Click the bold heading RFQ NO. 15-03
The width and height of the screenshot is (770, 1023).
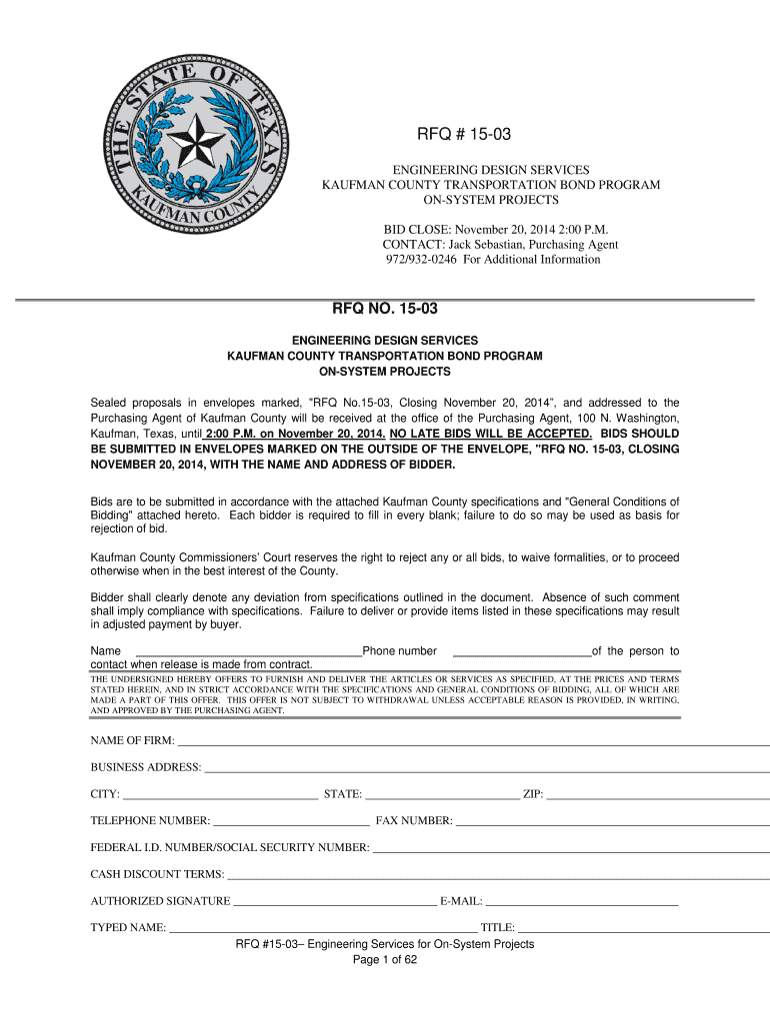point(385,310)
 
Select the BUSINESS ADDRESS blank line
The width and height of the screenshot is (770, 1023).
point(486,769)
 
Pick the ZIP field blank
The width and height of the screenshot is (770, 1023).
point(657,796)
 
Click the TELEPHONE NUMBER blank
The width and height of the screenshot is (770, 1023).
point(291,823)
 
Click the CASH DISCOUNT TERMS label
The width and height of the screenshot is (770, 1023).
point(157,874)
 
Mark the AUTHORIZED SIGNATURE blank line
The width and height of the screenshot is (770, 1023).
point(335,902)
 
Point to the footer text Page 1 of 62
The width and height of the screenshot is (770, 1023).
point(385,961)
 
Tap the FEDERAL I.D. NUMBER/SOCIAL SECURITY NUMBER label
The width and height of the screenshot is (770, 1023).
point(230,848)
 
